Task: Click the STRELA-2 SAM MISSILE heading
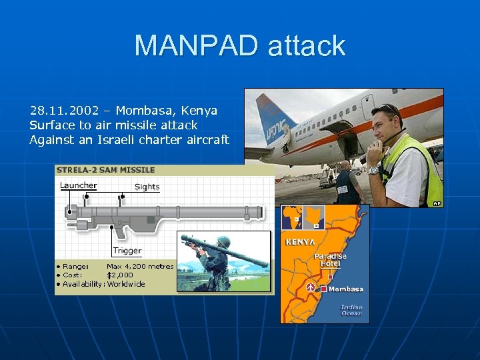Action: pyautogui.click(x=106, y=171)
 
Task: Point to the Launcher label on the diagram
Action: pyautogui.click(x=78, y=185)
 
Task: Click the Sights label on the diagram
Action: pyautogui.click(x=147, y=187)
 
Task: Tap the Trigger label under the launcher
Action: pyautogui.click(x=127, y=251)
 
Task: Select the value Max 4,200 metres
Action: pyautogui.click(x=140, y=266)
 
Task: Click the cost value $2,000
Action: pyautogui.click(x=120, y=275)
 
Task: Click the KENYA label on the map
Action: pyautogui.click(x=300, y=242)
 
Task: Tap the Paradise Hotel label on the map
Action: pyautogui.click(x=331, y=260)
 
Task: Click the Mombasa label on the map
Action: pyautogui.click(x=346, y=289)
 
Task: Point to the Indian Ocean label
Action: pyautogui.click(x=351, y=310)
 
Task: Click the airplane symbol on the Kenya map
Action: pyautogui.click(x=311, y=287)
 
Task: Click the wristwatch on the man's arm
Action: pyautogui.click(x=373, y=171)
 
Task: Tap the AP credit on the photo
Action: pyautogui.click(x=437, y=203)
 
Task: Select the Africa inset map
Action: pyautogui.click(x=303, y=217)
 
